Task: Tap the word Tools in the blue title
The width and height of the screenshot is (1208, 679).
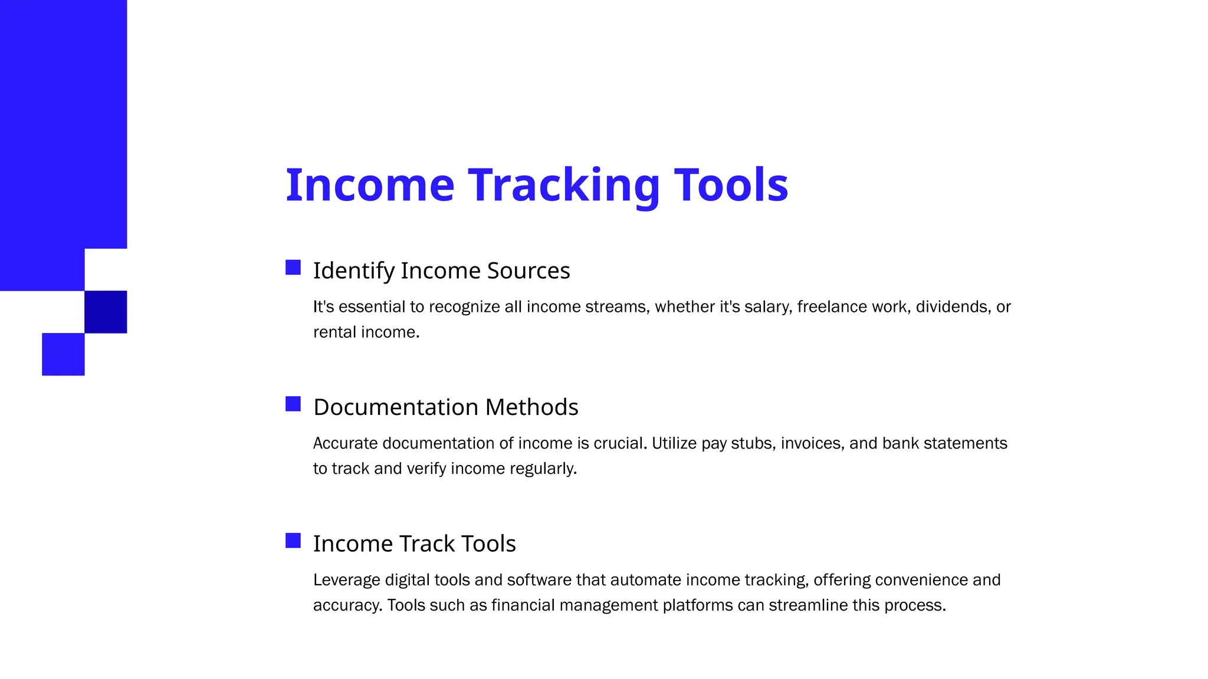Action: tap(731, 186)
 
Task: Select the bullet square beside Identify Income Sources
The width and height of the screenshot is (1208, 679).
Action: tap(293, 268)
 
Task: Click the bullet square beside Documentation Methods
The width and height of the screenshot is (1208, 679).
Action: tap(293, 404)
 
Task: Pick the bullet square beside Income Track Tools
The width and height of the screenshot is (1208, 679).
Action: tap(293, 540)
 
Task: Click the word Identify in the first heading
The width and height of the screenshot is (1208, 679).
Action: tap(353, 271)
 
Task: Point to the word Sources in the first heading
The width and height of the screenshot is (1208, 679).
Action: tap(528, 271)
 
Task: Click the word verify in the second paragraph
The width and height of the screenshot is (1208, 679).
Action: tap(426, 469)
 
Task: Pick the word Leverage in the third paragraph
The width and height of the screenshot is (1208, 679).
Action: tap(347, 580)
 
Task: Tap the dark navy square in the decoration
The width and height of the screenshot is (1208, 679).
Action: tap(106, 312)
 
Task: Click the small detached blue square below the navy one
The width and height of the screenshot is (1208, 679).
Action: tap(63, 354)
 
